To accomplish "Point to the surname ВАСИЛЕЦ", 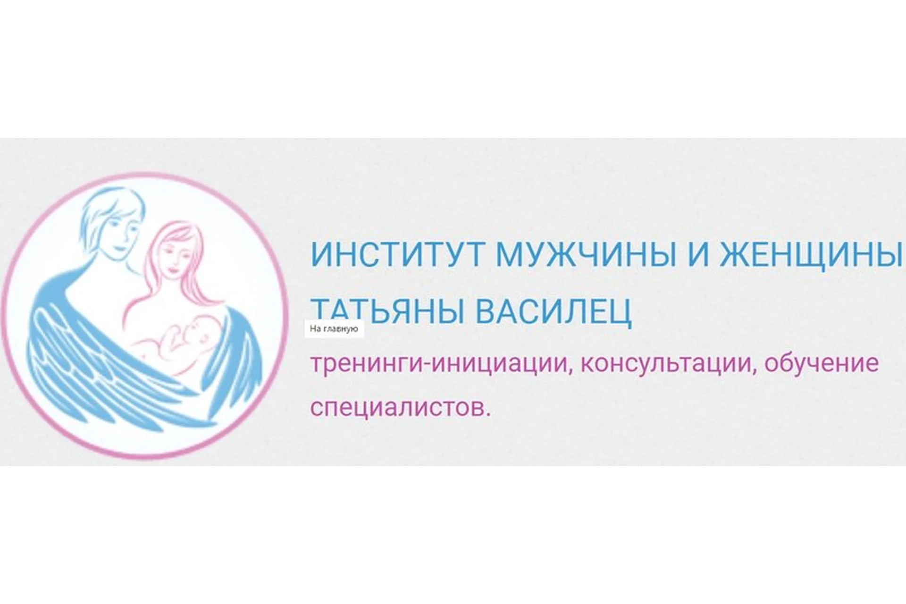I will (x=553, y=310).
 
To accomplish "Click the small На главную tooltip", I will (x=334, y=329).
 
